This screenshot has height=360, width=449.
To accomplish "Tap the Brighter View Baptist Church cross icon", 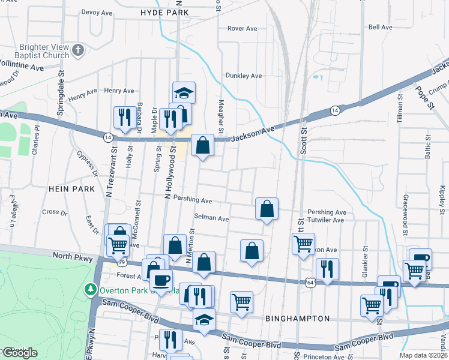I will click(77, 50).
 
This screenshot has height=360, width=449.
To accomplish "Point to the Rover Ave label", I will click(242, 28).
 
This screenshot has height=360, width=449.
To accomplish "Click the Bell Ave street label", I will click(380, 27).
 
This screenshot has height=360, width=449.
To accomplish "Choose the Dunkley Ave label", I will click(244, 76).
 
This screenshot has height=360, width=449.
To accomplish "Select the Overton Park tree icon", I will click(91, 290).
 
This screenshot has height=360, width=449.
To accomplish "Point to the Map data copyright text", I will click(423, 355).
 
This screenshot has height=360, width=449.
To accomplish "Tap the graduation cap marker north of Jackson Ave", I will click(184, 93).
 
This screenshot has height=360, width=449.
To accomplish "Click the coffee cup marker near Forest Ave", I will click(161, 279).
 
